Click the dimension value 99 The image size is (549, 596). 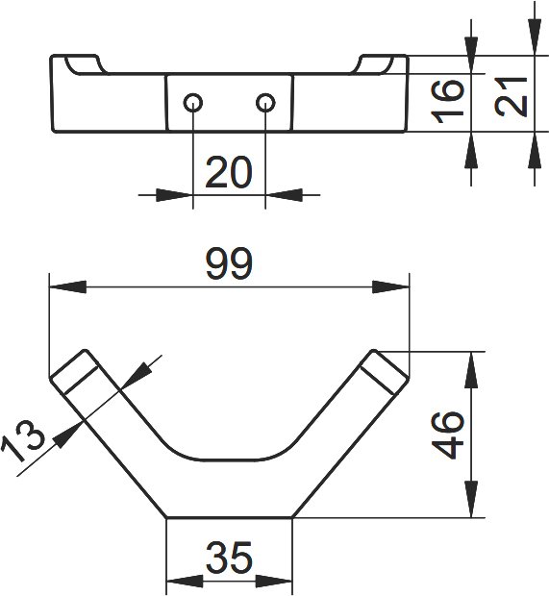(229, 263)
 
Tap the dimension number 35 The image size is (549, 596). (229, 558)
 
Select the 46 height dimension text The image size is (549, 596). (449, 435)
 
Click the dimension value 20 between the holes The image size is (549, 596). (229, 172)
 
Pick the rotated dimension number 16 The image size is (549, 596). (448, 101)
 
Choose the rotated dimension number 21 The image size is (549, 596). (512, 96)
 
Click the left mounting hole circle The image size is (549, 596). (192, 103)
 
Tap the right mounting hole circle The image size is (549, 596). (265, 103)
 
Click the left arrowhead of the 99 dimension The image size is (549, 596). (67, 287)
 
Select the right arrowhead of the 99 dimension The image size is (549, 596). (391, 287)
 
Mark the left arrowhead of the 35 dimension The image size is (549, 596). (185, 582)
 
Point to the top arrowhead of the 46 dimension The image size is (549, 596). (471, 370)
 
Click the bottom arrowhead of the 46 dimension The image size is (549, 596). (471, 499)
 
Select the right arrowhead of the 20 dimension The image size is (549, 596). (284, 195)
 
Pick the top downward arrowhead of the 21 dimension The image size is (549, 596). (535, 37)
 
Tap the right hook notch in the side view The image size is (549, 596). (373, 64)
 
